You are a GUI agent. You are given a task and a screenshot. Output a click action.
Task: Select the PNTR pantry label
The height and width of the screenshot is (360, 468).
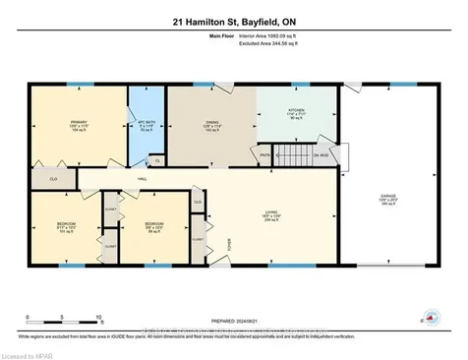point(264,155)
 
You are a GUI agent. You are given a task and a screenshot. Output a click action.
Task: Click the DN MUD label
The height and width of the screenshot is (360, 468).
point(322,155)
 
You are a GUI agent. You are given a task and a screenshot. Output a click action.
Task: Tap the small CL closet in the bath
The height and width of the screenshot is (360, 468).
point(157,160)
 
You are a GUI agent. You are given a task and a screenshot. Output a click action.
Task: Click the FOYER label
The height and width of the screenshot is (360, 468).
point(232,242)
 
